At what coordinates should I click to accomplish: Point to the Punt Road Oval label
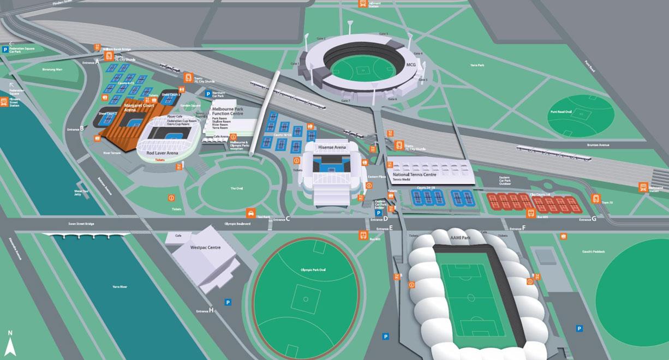click(x=561, y=112)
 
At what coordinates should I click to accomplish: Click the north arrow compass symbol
click(x=10, y=343)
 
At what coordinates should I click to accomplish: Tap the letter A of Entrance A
click(x=97, y=62)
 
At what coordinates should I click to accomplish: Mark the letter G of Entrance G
click(x=594, y=219)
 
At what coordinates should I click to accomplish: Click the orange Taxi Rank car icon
click(x=250, y=212)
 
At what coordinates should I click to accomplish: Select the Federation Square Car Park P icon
click(x=5, y=49)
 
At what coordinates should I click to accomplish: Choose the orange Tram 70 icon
click(x=596, y=199)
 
